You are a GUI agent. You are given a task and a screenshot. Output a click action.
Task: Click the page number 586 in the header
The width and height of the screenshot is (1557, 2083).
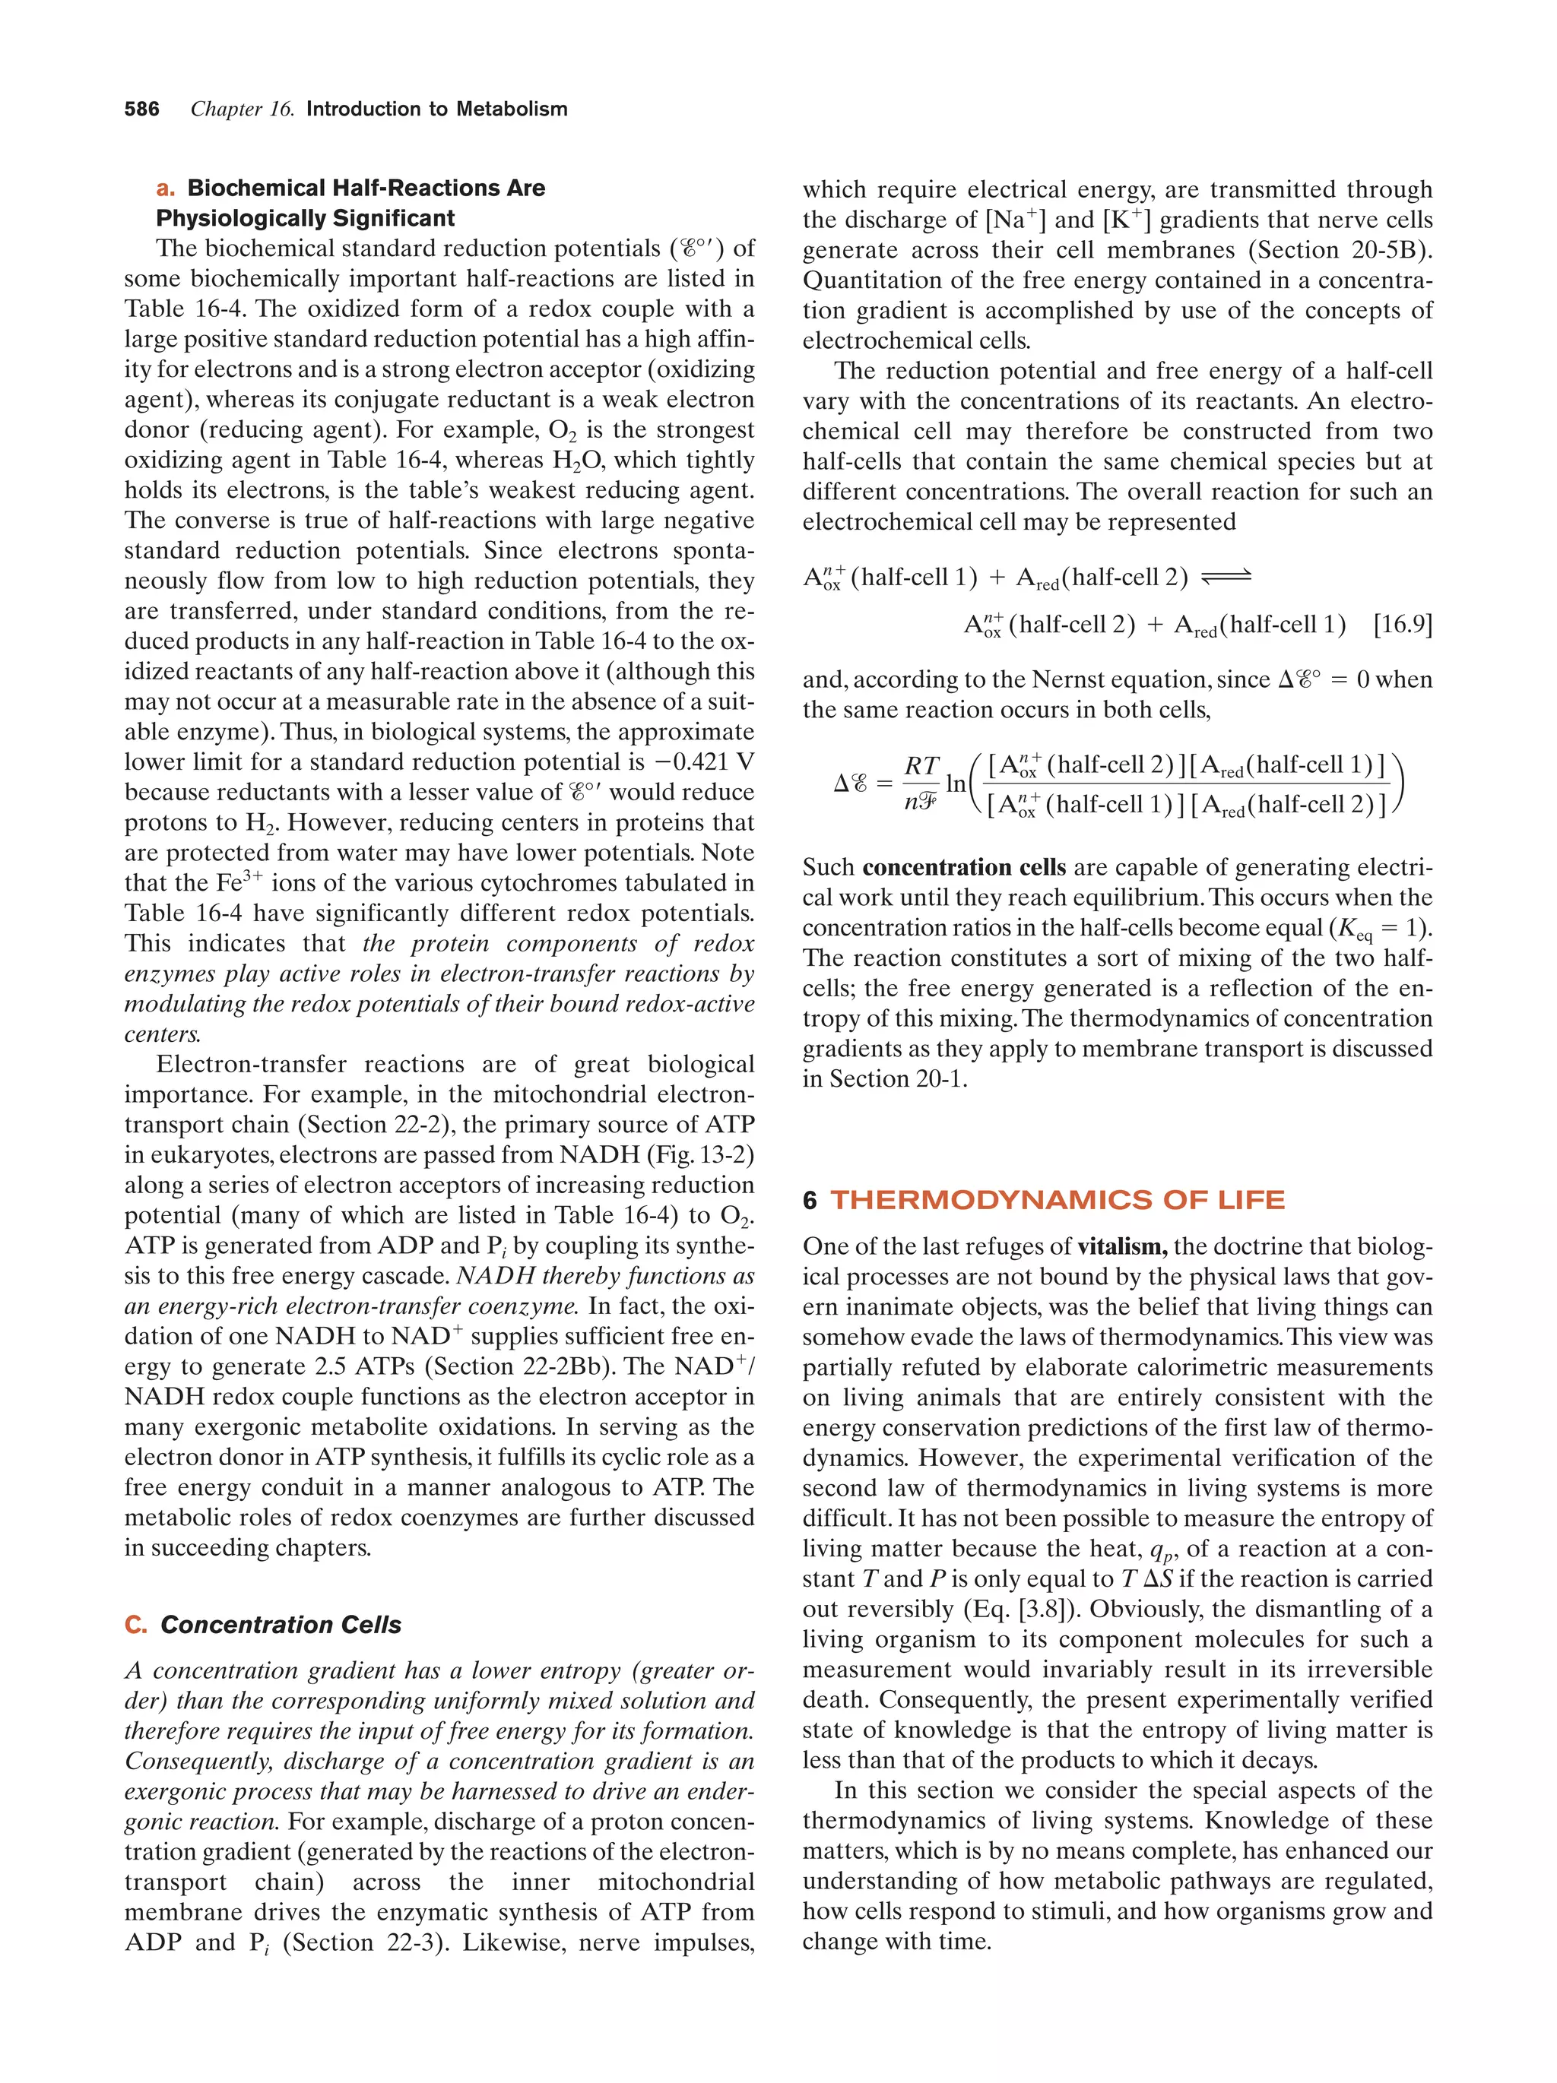(x=141, y=109)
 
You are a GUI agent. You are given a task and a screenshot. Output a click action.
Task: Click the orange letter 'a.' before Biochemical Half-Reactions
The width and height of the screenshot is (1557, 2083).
(x=166, y=188)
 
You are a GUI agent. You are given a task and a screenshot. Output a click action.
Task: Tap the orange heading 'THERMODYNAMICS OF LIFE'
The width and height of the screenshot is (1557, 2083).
(x=1057, y=1200)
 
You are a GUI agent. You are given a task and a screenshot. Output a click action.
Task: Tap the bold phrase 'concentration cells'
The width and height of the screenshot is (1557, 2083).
(x=963, y=867)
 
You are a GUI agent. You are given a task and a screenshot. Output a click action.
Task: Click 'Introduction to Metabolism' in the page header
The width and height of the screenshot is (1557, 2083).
(x=436, y=109)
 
